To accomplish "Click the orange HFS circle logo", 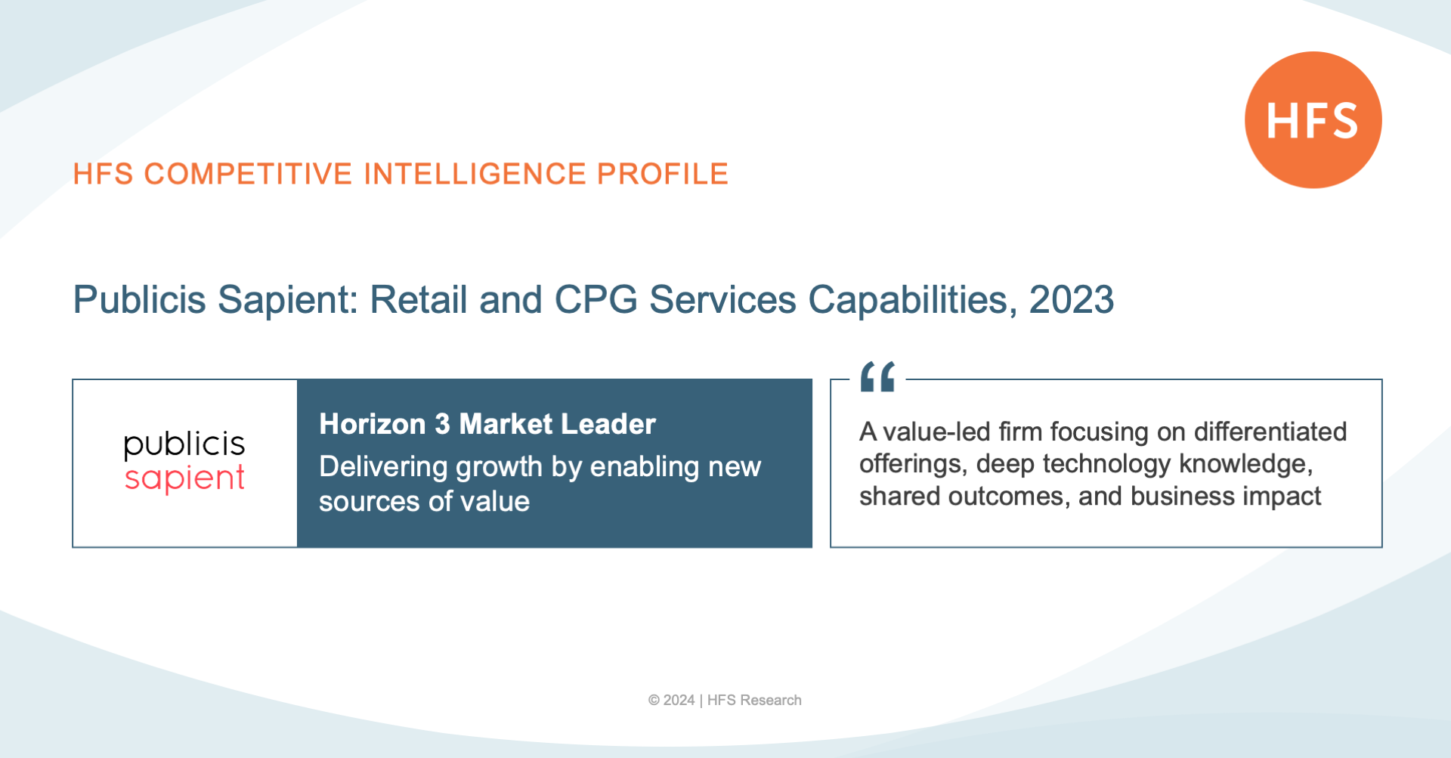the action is click(x=1313, y=120).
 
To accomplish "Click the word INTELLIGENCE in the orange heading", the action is click(x=475, y=174).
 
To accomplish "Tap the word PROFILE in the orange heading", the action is click(x=662, y=174).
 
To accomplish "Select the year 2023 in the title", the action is click(x=1071, y=299).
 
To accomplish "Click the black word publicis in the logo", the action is click(x=184, y=444).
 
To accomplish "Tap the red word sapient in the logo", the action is click(x=184, y=479).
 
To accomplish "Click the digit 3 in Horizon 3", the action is click(x=442, y=424).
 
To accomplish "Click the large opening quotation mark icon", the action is click(x=877, y=376).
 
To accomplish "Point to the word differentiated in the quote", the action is click(x=1270, y=432).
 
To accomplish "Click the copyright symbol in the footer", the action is click(x=654, y=701).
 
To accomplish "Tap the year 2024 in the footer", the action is click(x=679, y=701).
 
